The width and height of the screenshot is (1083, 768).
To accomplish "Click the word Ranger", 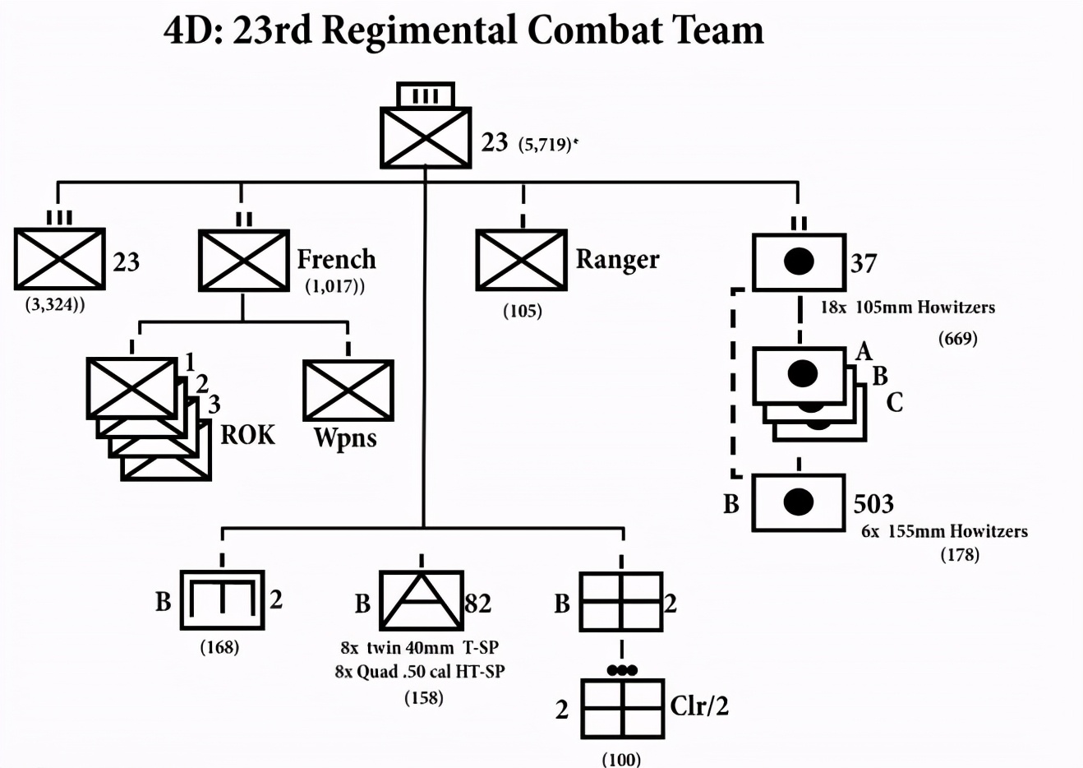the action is pyautogui.click(x=617, y=261).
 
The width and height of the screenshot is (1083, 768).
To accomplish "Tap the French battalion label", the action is pyautogui.click(x=336, y=259).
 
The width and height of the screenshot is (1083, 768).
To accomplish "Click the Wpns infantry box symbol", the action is pyautogui.click(x=348, y=391).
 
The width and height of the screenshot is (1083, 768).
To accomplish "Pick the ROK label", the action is pyautogui.click(x=247, y=435).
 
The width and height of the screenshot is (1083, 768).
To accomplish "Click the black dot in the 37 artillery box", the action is pyautogui.click(x=799, y=261).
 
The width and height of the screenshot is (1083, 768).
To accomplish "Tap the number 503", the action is pyautogui.click(x=873, y=504).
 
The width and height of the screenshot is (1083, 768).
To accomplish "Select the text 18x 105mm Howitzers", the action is pyautogui.click(x=908, y=308).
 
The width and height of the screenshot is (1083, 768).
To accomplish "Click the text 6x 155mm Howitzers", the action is pyautogui.click(x=944, y=531).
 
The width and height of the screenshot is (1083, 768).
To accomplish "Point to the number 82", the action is pyautogui.click(x=478, y=603).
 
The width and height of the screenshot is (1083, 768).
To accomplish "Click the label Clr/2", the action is pyautogui.click(x=699, y=706).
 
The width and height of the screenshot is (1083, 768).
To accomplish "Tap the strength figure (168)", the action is pyautogui.click(x=220, y=647).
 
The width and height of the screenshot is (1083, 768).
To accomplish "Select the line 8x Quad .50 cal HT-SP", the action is pyautogui.click(x=420, y=672).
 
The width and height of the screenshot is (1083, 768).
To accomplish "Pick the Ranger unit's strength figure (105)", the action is pyautogui.click(x=523, y=311).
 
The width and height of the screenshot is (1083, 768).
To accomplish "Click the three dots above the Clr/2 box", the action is pyautogui.click(x=622, y=670).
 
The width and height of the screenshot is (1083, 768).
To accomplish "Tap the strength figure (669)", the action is pyautogui.click(x=958, y=338).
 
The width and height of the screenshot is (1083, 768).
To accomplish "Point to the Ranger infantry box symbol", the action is pyautogui.click(x=522, y=260).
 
